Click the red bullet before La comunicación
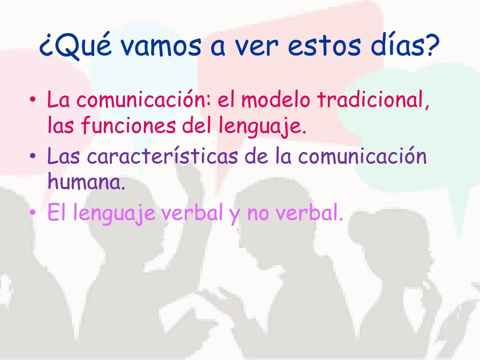[33, 100]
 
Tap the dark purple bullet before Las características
[33, 156]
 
